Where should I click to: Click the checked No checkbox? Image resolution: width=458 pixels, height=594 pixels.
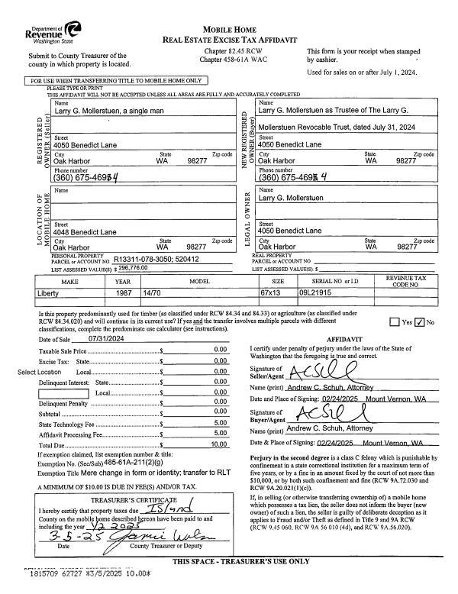tap(419, 322)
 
